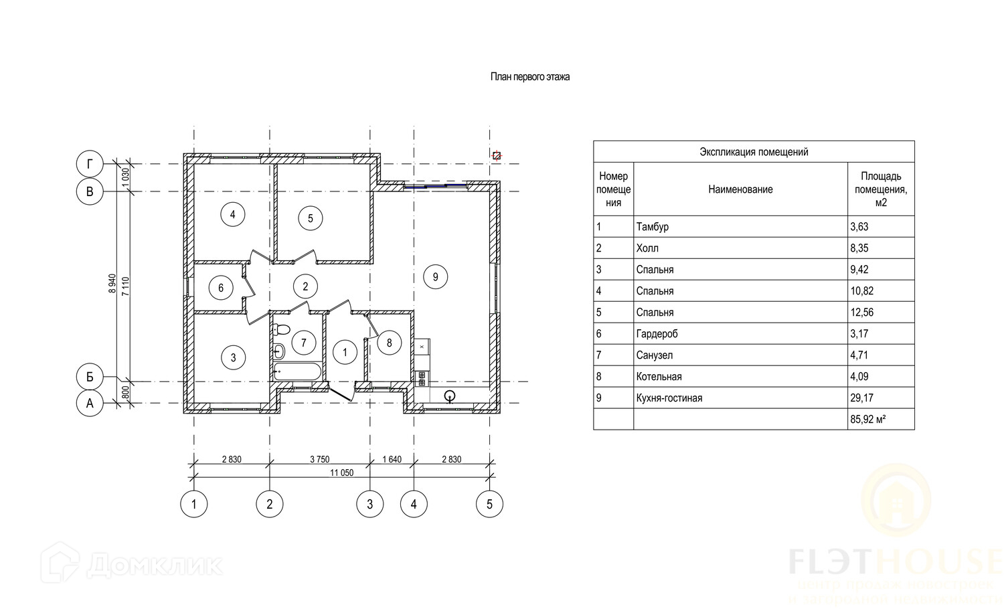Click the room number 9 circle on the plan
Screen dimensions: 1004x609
coord(436,276)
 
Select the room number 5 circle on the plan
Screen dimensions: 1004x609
coord(310,218)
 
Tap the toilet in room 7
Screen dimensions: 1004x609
coord(282,329)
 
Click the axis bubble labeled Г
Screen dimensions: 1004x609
coord(90,164)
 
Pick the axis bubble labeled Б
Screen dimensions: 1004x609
coord(90,377)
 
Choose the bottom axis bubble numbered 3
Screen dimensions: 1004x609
coord(370,504)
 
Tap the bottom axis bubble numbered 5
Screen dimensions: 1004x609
coord(489,504)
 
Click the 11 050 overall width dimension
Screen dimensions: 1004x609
coord(341,472)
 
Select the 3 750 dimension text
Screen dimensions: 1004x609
coord(319,459)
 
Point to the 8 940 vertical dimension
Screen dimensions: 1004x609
coord(112,285)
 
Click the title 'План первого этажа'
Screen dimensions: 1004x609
coord(530,77)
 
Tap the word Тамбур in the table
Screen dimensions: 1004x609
coord(653,227)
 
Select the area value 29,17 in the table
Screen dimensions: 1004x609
coord(861,398)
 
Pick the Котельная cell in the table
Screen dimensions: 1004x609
coord(659,377)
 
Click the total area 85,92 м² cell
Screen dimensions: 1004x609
coord(868,420)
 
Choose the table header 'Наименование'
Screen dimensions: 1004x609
coord(740,189)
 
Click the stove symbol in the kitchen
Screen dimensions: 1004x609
coord(422,379)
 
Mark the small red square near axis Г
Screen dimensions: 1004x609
coord(497,155)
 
